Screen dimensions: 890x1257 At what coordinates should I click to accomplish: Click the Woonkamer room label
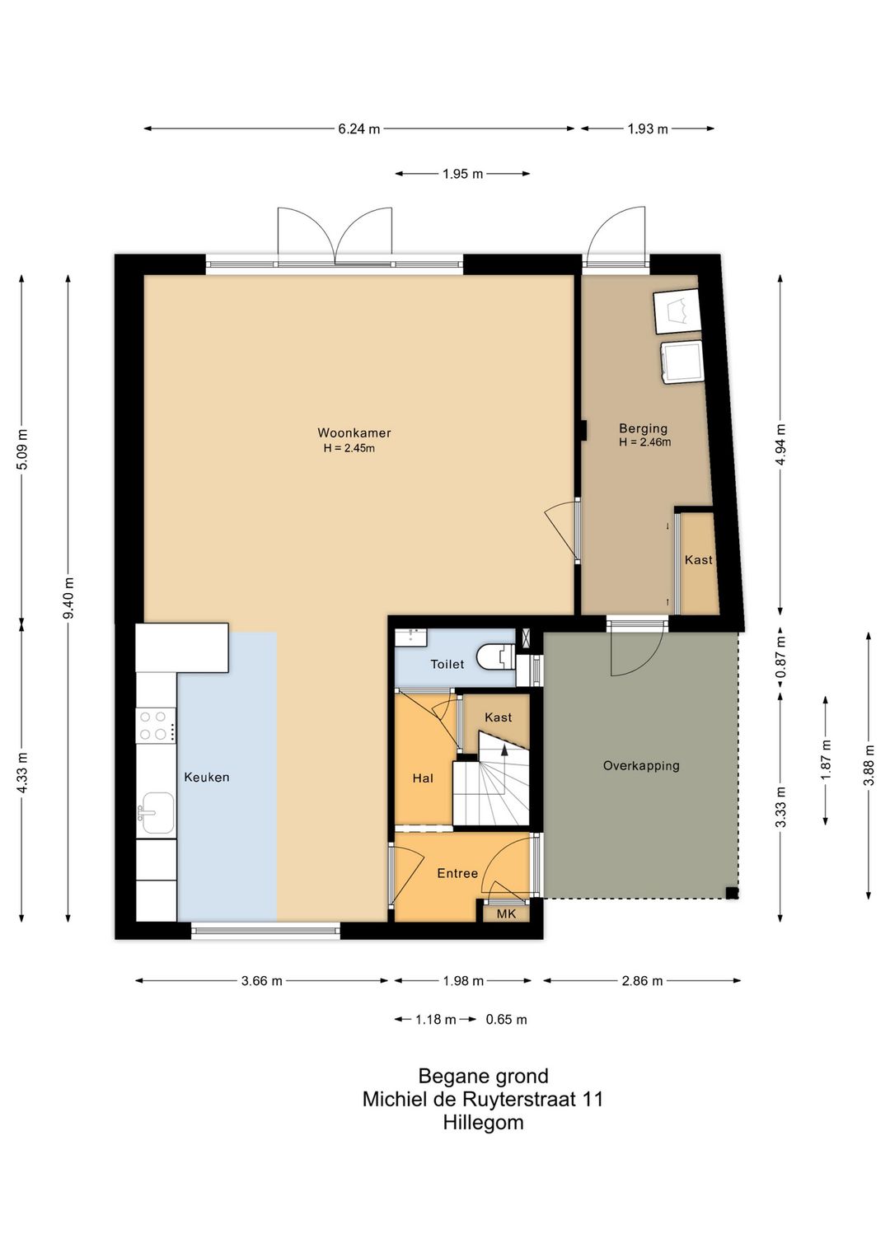pos(354,432)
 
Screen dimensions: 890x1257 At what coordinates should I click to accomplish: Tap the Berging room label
pos(643,428)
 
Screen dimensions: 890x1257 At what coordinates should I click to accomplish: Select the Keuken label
pos(207,778)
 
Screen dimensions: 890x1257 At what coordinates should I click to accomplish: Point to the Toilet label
pos(447,665)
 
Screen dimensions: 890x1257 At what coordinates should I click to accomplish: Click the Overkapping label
pos(641,765)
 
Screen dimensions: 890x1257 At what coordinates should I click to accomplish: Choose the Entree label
pos(457,873)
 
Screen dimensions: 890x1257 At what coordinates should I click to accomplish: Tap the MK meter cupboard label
pos(507,914)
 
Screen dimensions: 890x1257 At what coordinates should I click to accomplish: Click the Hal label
pos(423,778)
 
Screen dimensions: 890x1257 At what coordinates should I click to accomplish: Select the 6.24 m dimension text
pos(358,129)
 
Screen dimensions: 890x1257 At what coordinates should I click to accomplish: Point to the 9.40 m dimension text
pos(68,598)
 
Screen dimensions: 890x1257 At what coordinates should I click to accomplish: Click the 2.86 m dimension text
pos(642,981)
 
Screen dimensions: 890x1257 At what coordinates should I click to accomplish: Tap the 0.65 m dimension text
pos(507,1020)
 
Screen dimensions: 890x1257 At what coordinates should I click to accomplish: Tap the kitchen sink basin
pos(157,812)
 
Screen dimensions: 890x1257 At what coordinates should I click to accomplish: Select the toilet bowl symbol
pos(495,657)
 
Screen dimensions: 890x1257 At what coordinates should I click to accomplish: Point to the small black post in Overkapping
pos(732,893)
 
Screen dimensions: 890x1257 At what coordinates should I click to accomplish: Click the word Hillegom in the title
pos(483,1122)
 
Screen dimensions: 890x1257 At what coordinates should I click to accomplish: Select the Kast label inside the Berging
pos(699,559)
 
